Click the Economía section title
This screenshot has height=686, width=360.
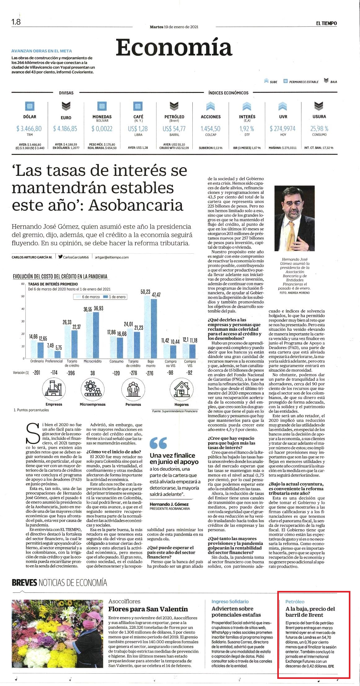tap(174, 47)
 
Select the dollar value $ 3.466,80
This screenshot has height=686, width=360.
tap(29, 128)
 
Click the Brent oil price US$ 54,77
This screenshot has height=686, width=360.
tap(174, 128)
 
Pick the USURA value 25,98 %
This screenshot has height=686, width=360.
tap(319, 128)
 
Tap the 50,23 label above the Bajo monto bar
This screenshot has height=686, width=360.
tap(145, 292)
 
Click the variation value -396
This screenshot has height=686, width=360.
tap(71, 373)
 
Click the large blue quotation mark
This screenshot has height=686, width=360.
tap(158, 443)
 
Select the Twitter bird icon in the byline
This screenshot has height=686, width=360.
tap(60, 257)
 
